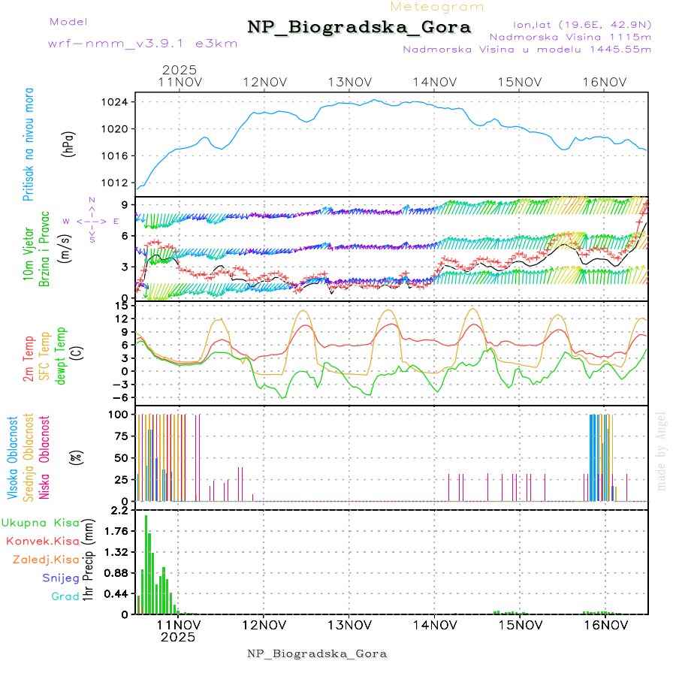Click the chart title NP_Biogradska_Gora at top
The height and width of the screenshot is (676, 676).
coord(359,28)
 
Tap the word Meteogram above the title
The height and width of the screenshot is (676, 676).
coord(437,7)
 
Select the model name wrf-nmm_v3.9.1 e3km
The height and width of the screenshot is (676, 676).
coord(143,43)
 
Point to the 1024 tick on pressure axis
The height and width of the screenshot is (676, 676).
coord(120,102)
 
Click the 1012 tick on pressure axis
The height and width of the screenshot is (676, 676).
coord(120,183)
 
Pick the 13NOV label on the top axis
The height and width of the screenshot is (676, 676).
coord(349,82)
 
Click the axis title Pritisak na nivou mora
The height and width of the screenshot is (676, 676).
coord(28,143)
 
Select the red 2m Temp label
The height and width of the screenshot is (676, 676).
coord(28,359)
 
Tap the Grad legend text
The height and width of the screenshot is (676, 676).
coord(65,597)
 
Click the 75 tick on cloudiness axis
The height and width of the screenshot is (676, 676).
coord(120,436)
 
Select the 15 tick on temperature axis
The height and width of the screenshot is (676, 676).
coord(120,306)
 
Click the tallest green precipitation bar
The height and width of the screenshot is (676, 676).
coord(146,563)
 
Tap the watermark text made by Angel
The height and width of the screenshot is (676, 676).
coord(662,451)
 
